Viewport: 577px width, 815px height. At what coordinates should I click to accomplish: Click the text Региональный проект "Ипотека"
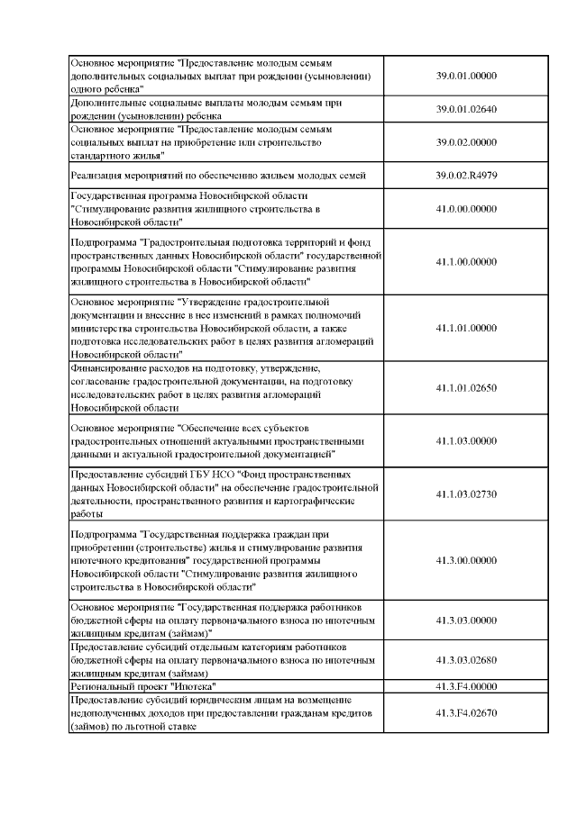click(x=134, y=686)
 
